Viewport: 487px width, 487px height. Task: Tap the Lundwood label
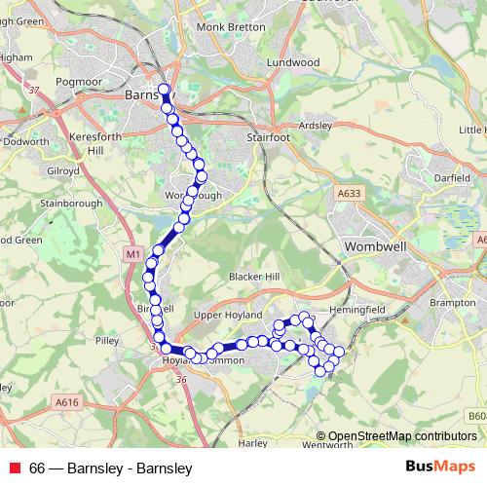coord(295,61)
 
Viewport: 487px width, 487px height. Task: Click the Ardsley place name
coord(316,125)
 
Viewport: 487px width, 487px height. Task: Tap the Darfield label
coord(451,178)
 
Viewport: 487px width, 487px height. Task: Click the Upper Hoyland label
coord(229,316)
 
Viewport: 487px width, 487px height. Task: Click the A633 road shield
coord(351,195)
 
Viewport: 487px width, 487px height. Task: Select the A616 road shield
coord(66,401)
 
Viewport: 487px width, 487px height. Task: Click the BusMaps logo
coord(440,467)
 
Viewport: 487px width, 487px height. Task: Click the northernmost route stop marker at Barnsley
coord(164,91)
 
